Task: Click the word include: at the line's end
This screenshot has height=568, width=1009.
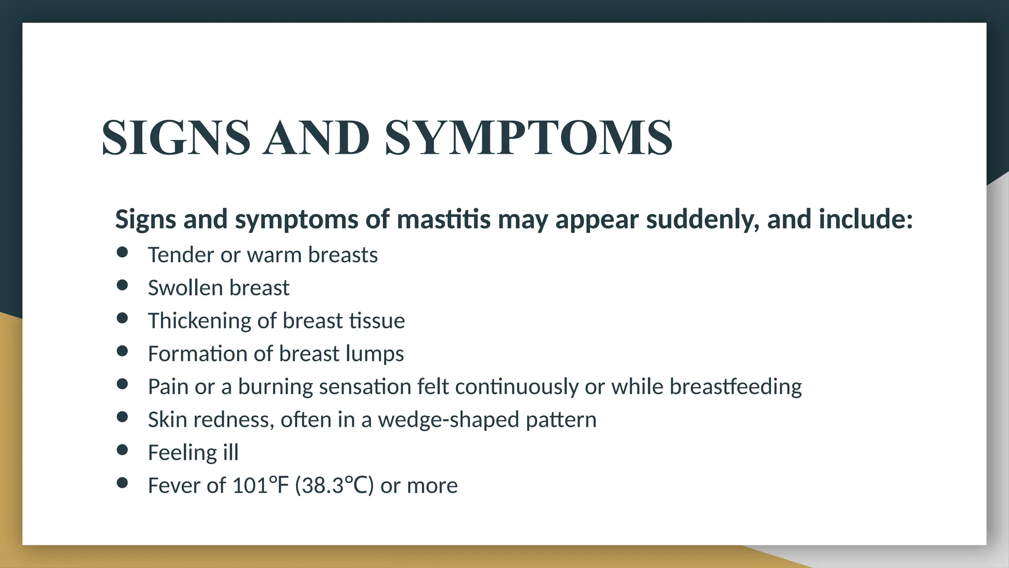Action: (x=866, y=219)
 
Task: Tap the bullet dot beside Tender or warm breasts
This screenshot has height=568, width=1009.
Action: (x=122, y=252)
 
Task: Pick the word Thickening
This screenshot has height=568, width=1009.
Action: (x=200, y=321)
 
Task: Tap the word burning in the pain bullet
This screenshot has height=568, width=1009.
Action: (x=275, y=387)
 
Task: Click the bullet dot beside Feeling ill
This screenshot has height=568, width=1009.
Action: (x=122, y=450)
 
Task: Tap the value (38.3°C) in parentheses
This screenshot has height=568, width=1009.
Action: (x=335, y=486)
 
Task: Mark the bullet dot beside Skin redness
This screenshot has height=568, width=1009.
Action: (x=122, y=417)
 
